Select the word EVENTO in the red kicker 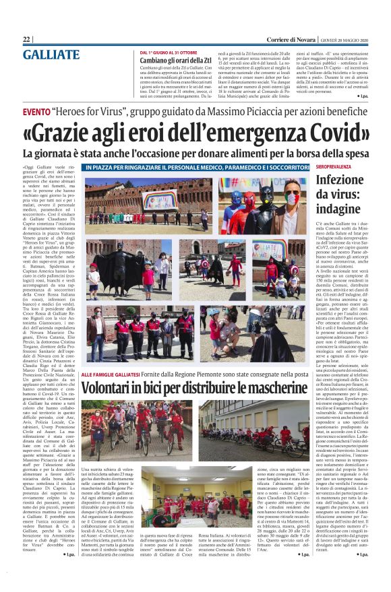point(41,110)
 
